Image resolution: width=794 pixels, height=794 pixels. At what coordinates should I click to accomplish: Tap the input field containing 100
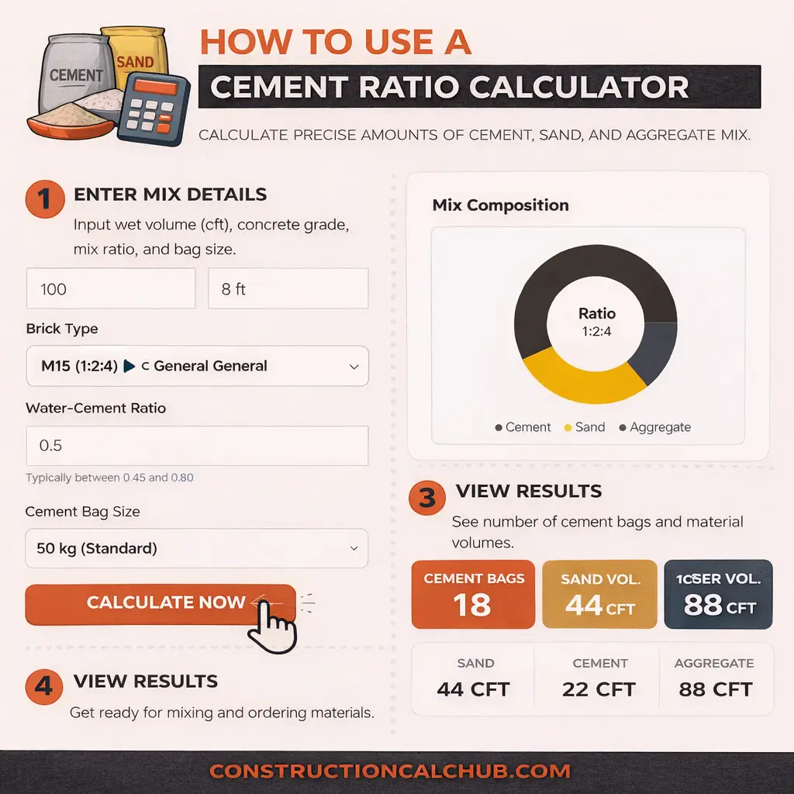pos(111,289)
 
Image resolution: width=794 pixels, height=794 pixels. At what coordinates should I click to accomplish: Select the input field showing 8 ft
pos(288,289)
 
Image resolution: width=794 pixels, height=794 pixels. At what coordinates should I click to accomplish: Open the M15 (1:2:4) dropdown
pos(197,366)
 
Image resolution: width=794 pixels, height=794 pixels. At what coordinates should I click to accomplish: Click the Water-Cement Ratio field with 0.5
pos(197,446)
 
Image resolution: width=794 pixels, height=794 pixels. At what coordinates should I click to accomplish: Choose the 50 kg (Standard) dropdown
pos(197,548)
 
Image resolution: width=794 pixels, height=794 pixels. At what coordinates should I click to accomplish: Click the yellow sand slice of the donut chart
pos(582,380)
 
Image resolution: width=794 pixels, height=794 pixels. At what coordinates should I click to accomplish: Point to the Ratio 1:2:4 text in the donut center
pos(597,321)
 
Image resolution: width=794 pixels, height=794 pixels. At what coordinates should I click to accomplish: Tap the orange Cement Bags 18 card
pos(473,594)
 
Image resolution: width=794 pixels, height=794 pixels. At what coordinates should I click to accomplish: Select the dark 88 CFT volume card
pos(718,594)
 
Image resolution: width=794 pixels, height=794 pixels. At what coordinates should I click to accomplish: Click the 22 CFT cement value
pos(599,689)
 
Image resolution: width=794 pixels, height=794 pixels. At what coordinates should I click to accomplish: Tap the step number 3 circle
pos(427,497)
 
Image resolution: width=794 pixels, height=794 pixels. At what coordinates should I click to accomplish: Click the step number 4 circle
pos(44,686)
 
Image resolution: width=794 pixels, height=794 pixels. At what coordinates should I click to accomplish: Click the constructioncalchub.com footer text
pos(390,772)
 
